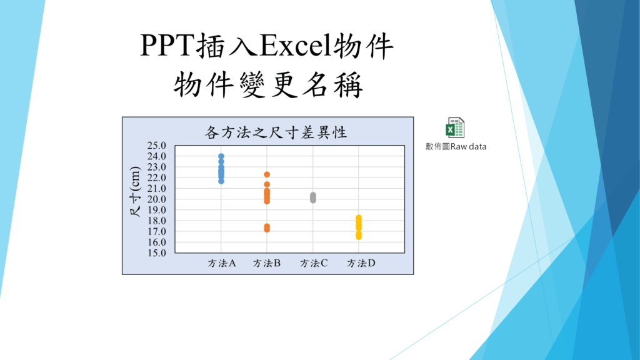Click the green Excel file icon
[x=455, y=127]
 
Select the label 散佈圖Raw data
[x=456, y=146]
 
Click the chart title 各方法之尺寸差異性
[x=276, y=132]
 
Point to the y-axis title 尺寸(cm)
[x=135, y=191]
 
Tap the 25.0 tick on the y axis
[x=157, y=146]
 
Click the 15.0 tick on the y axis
[x=157, y=253]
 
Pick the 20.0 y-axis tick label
[x=157, y=199]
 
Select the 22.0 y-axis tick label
[x=157, y=177]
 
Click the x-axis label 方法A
[x=222, y=263]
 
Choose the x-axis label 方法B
[x=267, y=263]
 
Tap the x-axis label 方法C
[x=314, y=263]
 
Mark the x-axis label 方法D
[x=361, y=263]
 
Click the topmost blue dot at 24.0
[x=221, y=156]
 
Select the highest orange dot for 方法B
[x=267, y=175]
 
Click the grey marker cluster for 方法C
[x=313, y=197]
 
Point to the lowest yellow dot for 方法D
[x=359, y=237]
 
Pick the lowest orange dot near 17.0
[x=267, y=229]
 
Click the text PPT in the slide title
[x=167, y=45]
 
